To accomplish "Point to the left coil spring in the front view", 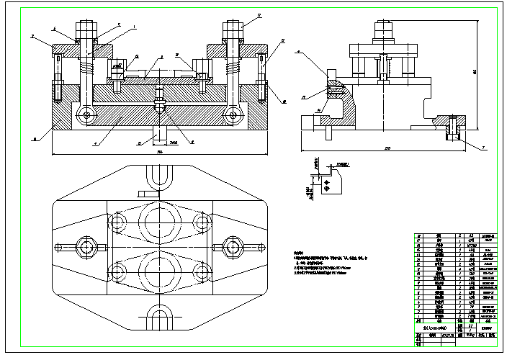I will [x=87, y=70].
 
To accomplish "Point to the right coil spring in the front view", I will [x=233, y=70].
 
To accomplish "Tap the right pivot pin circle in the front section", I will [x=233, y=114].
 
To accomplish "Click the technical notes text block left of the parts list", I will [x=331, y=266].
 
